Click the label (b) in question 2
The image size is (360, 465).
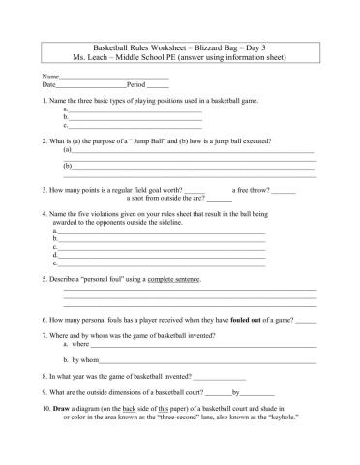click(67, 167)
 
